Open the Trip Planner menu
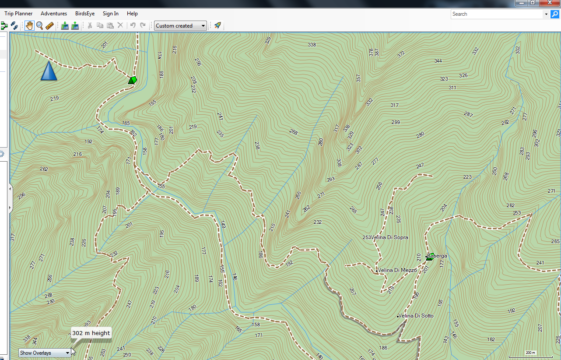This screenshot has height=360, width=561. point(18,14)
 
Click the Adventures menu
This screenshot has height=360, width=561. point(54,14)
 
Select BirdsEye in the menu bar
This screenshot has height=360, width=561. point(85,14)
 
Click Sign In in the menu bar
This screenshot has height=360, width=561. point(110,14)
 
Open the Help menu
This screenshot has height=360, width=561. point(132,14)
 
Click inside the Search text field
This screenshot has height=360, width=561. point(497,14)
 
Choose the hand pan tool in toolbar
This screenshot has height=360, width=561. point(29,25)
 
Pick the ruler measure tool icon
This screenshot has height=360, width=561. point(49,25)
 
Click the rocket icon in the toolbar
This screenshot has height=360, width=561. point(217,25)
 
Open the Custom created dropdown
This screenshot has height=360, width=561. point(180,26)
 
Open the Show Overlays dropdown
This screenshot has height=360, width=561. point(45,353)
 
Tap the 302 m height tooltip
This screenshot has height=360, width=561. point(91,333)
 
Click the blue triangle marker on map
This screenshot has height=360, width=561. point(49,71)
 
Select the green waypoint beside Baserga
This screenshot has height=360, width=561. point(430,257)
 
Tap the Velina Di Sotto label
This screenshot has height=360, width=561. point(416,316)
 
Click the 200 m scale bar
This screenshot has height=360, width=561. point(530,353)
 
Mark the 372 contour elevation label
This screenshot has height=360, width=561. point(401,54)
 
